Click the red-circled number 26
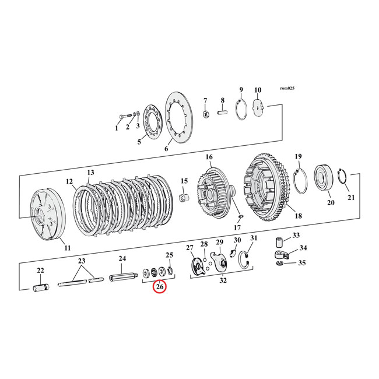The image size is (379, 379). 159,287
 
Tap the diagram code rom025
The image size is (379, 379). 287,88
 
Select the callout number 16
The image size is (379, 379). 209,157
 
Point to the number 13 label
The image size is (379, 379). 90,173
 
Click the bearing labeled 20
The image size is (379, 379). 322,177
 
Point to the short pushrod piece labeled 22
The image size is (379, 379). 41,287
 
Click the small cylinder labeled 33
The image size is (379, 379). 279,242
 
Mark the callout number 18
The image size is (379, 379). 299,216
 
